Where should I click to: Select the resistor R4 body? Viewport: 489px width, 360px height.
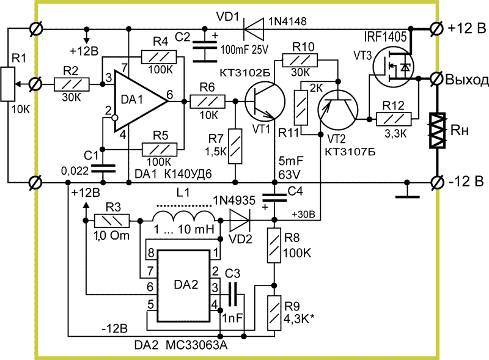point(159,57)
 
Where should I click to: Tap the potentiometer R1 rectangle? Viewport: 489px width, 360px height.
point(7,84)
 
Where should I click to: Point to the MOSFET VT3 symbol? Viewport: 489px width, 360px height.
point(393,67)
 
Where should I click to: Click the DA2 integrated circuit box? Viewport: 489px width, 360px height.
point(183,285)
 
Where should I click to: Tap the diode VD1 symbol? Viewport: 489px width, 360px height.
point(253,29)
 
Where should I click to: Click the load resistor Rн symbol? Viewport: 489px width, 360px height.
point(436,130)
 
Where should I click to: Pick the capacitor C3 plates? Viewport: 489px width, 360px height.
point(233,294)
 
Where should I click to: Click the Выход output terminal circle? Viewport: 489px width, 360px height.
point(436,78)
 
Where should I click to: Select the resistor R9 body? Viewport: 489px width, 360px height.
point(274,313)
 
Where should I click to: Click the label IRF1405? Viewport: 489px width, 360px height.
point(385,37)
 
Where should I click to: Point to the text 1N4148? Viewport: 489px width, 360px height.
point(287,21)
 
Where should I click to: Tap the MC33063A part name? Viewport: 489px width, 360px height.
point(196,345)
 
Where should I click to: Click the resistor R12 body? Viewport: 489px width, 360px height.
point(394,119)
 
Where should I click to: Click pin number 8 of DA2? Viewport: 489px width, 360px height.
point(151,252)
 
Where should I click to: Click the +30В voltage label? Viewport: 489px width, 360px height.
point(303,215)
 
